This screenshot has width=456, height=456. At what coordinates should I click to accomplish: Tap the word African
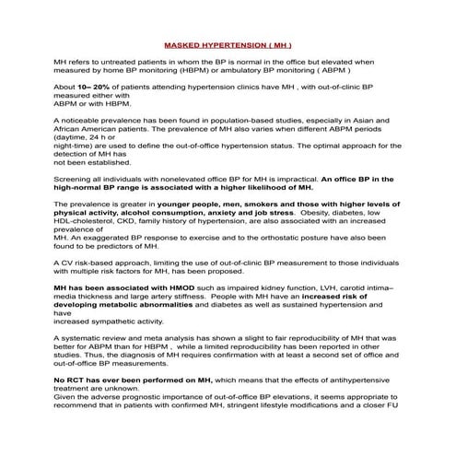71,131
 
